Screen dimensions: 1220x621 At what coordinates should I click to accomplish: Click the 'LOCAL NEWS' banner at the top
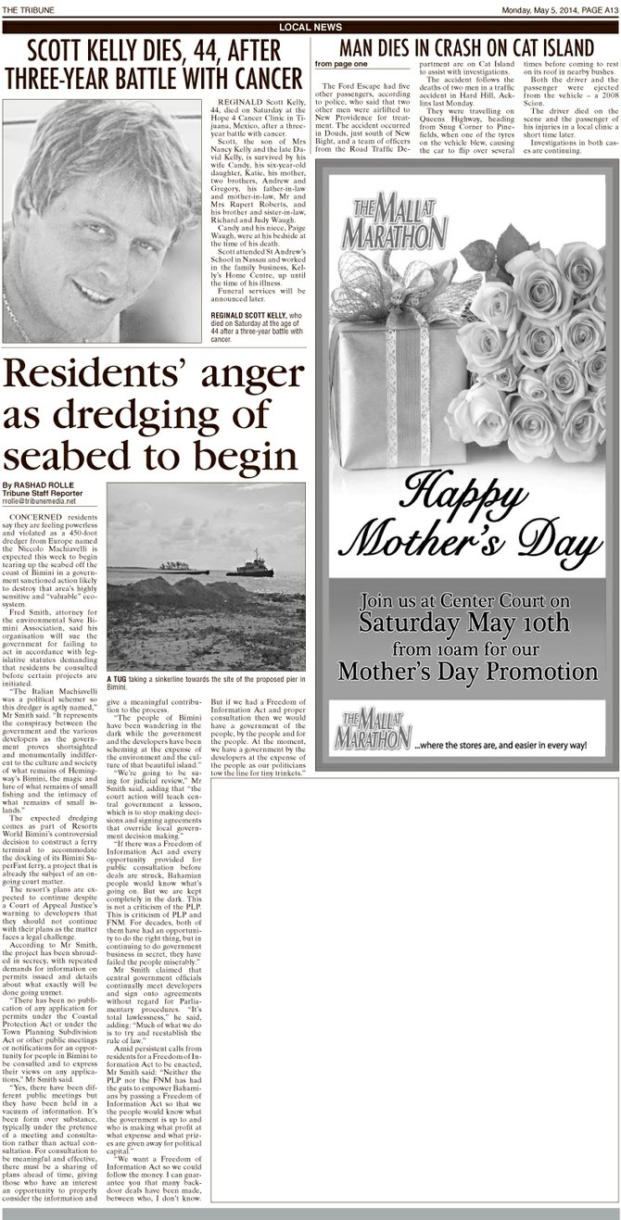pos(310,27)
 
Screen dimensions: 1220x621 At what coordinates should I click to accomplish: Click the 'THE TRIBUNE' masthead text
pos(27,9)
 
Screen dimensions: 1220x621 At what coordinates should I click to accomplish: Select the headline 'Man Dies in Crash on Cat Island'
pos(466,47)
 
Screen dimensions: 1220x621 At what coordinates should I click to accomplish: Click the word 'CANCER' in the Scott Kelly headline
pos(264,77)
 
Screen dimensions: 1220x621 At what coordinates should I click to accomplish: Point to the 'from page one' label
pos(336,64)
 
